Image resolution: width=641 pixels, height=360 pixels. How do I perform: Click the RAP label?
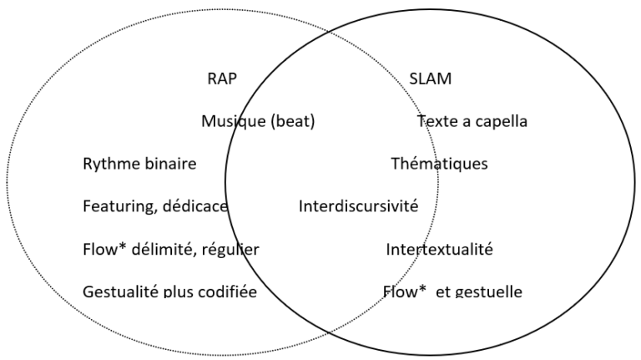pos(223,79)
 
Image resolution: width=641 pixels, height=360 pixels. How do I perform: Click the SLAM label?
pos(431,79)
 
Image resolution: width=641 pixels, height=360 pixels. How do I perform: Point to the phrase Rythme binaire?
pos(139,165)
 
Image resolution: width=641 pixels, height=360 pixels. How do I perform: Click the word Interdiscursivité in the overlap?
pos(359,206)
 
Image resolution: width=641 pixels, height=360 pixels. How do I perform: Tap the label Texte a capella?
pos(472,122)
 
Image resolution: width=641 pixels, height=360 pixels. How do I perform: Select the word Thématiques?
pos(439,165)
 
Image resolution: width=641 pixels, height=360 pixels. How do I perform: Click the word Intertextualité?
pos(439,249)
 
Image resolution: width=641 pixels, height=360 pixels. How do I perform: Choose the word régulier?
pos(232,249)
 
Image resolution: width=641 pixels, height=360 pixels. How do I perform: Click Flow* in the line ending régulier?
pos(102,249)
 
